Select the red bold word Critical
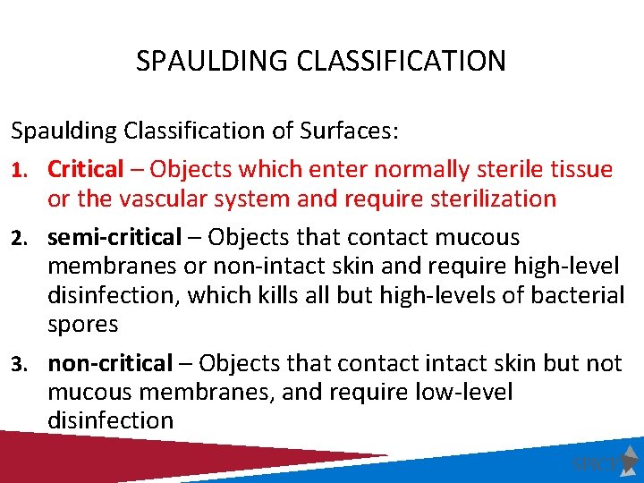pyautogui.click(x=86, y=169)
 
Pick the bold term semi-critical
pyautogui.click(x=114, y=238)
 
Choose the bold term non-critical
pyautogui.click(x=109, y=363)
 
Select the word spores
pyautogui.click(x=82, y=324)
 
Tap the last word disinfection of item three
pyautogui.click(x=110, y=420)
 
